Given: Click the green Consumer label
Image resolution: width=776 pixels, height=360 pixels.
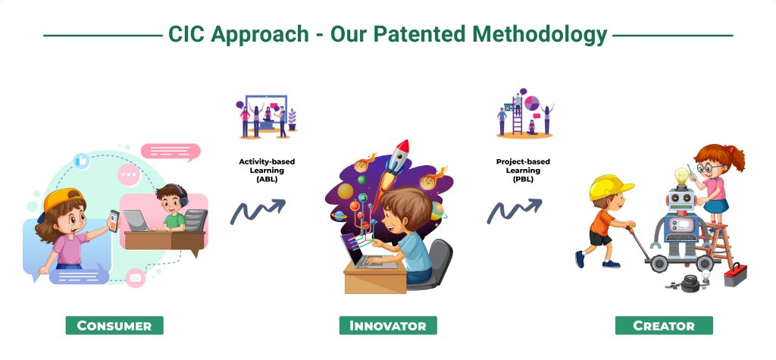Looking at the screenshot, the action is (x=114, y=325).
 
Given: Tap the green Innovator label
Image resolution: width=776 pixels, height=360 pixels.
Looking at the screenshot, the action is (x=388, y=325).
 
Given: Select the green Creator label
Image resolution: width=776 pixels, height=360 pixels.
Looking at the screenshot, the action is (x=664, y=325).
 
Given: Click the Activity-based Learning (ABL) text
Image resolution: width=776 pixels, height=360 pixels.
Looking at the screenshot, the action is (x=267, y=171).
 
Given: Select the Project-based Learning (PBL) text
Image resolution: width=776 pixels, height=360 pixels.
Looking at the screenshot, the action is (x=523, y=171).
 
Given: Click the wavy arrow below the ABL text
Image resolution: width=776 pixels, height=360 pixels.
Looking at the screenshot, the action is (x=258, y=211).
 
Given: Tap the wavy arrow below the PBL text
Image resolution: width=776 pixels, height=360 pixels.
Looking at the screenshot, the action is (x=515, y=211).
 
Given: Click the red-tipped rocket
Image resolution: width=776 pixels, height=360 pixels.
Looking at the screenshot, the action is (x=396, y=164).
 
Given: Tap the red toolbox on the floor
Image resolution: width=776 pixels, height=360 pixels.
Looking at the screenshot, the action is (x=735, y=274).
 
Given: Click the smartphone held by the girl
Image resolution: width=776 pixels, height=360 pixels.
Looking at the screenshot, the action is (x=114, y=221).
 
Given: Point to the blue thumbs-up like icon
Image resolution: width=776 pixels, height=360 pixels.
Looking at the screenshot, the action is (x=81, y=161).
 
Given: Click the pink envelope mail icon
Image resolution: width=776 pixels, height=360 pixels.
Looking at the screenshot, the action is (x=135, y=278).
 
